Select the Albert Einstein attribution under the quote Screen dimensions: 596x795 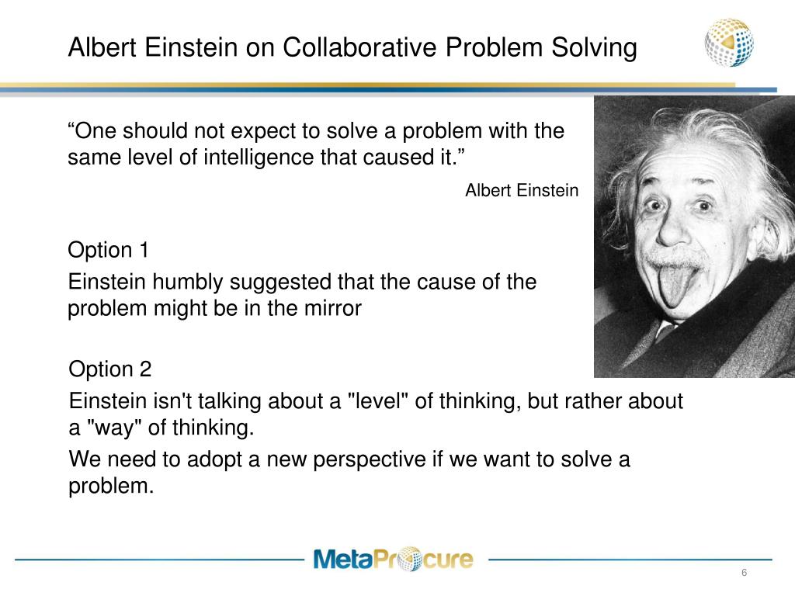[x=522, y=191]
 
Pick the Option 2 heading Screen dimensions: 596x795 [x=110, y=369]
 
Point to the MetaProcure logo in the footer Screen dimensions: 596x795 [x=392, y=559]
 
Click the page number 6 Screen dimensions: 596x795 [x=744, y=573]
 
